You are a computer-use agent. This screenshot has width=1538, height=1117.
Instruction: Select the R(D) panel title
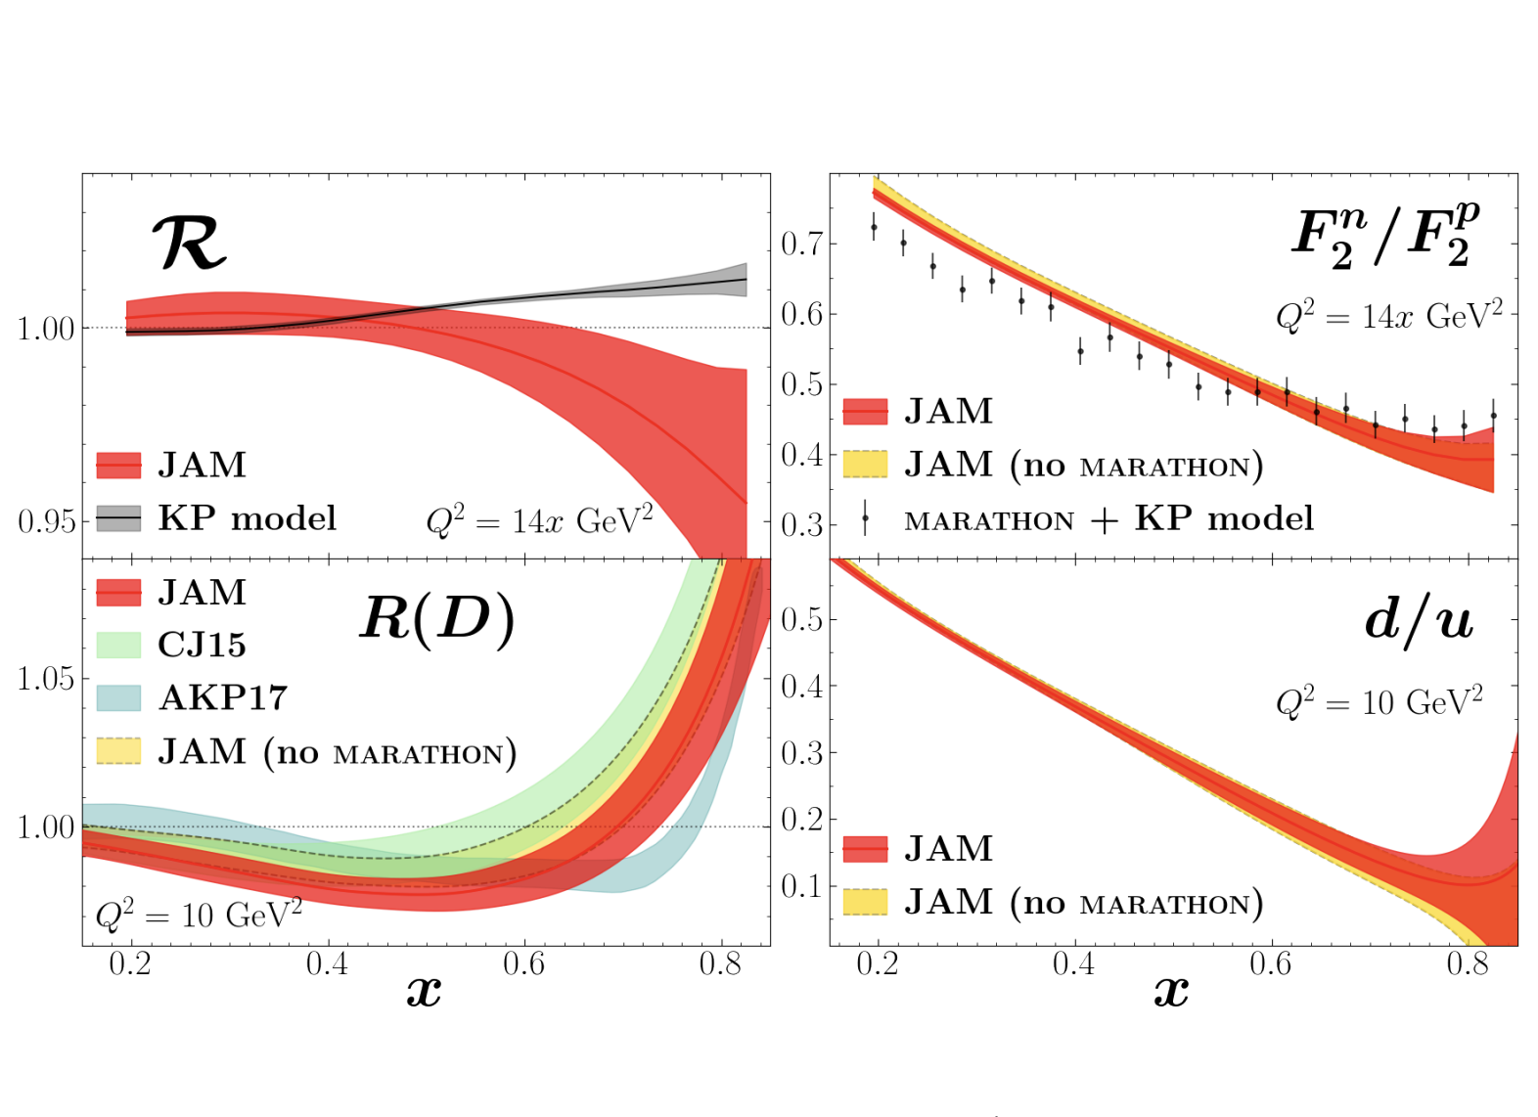(437, 619)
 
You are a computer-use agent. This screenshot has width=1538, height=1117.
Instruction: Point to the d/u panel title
(1419, 619)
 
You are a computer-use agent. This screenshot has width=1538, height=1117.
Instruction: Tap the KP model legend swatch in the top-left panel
(118, 517)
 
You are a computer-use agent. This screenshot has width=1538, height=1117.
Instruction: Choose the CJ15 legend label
(202, 645)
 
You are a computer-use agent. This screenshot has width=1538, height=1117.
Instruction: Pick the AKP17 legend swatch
(118, 697)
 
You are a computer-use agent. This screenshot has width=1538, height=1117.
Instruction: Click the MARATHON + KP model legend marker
(865, 518)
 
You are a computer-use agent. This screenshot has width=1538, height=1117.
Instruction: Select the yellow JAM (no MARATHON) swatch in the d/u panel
(865, 902)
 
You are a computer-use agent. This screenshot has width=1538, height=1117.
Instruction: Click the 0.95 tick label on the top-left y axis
(46, 521)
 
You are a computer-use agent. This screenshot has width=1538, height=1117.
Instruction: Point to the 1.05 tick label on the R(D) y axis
(46, 678)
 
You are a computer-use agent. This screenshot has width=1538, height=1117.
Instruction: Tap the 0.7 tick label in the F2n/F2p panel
(801, 244)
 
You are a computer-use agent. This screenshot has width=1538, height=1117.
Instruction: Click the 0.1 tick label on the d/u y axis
(801, 886)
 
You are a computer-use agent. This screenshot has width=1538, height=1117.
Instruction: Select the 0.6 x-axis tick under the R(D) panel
(523, 964)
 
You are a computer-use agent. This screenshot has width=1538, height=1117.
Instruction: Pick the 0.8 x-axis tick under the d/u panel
(1468, 964)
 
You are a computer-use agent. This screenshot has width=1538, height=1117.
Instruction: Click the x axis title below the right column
(1171, 992)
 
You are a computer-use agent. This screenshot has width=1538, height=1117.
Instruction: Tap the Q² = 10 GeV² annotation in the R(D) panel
(199, 916)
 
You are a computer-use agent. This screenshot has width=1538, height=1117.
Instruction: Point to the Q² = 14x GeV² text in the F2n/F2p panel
(1388, 316)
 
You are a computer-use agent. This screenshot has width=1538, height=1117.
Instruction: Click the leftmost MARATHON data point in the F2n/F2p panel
(874, 227)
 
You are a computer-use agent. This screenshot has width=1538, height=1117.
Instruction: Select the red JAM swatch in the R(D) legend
(118, 592)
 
